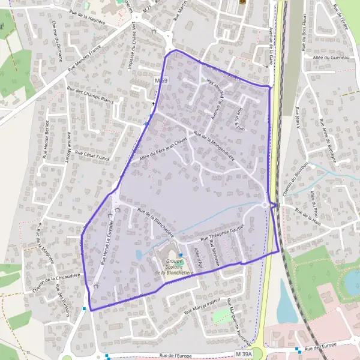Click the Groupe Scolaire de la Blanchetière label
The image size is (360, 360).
170,266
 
